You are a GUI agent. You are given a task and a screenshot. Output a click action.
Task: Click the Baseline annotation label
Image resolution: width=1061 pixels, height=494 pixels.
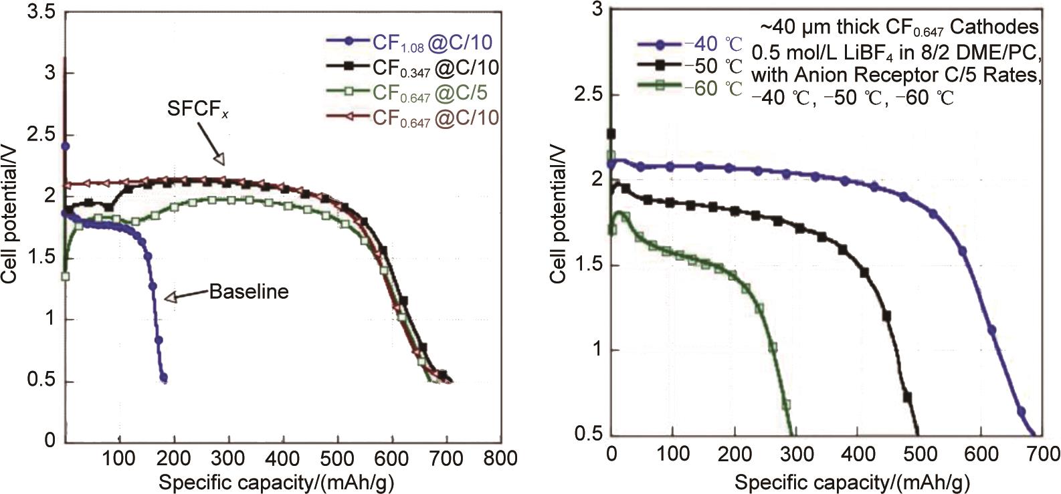[x=249, y=292]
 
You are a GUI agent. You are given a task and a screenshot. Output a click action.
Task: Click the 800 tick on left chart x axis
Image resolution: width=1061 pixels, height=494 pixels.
[x=500, y=459]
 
